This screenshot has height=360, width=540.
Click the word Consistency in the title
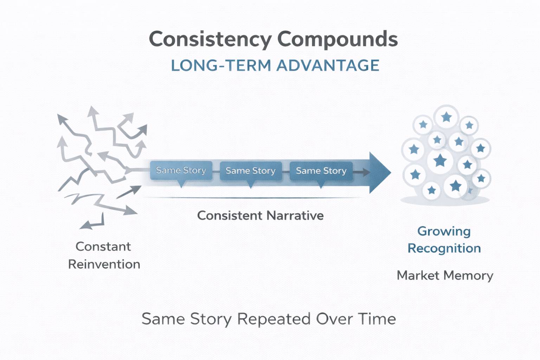(210, 39)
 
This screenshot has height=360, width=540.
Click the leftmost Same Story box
(181, 171)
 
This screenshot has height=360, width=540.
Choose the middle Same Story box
(251, 171)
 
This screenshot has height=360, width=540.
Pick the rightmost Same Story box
(321, 171)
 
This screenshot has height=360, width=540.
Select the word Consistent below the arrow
(230, 216)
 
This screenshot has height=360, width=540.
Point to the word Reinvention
(104, 264)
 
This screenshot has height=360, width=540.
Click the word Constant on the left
(103, 247)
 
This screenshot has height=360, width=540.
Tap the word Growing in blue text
(444, 231)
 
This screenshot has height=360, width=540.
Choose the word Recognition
(444, 249)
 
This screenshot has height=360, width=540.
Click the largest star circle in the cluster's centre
(440, 161)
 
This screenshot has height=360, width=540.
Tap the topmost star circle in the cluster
(446, 117)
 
